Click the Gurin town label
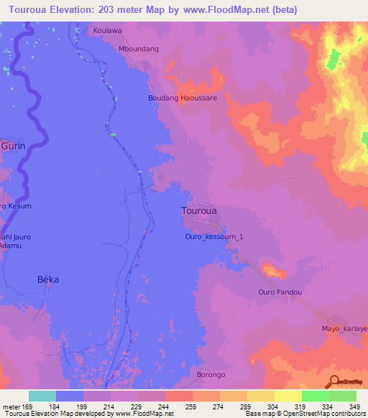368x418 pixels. (x=13, y=146)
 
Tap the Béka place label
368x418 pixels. (x=47, y=279)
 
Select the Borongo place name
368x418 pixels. (x=211, y=374)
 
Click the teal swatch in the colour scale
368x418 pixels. (x=42, y=396)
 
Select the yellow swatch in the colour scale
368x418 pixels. (x=287, y=396)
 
